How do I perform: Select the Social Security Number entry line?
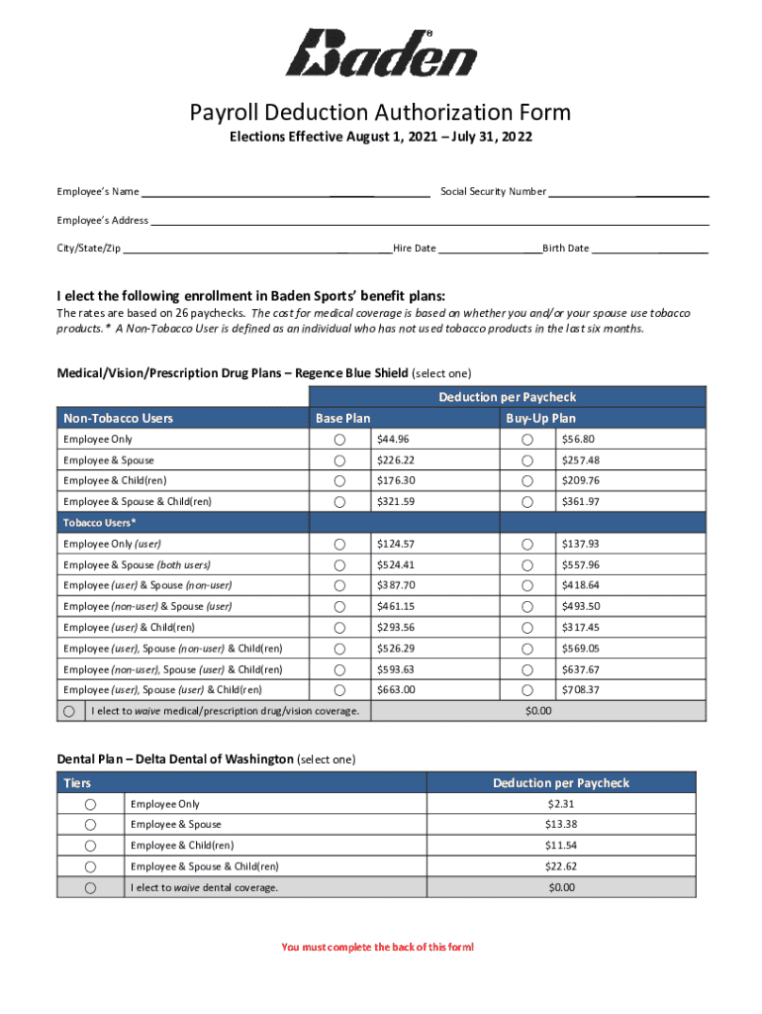pos(628,191)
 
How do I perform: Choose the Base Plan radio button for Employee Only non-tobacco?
pos(339,440)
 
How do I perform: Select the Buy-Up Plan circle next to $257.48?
pos(527,460)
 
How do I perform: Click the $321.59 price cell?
pos(395,502)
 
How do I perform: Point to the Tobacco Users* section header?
pos(100,522)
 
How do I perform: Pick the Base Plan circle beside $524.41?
pos(339,564)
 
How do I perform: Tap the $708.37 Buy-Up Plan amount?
pos(580,689)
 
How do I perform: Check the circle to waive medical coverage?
pos(69,711)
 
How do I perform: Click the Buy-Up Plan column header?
pos(540,418)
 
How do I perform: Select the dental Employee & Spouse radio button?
pos(90,825)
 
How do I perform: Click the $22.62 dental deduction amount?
pos(560,865)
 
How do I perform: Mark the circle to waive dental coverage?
pos(90,888)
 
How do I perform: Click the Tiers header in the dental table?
pos(77,783)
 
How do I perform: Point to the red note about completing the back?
pos(377,948)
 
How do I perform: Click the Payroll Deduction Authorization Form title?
pos(381,114)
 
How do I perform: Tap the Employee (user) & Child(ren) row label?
pos(129,627)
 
